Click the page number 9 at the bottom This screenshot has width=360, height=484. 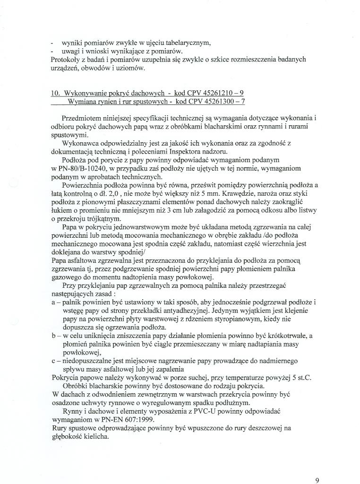click(x=317, y=480)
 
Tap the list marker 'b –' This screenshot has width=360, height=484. click(x=56, y=336)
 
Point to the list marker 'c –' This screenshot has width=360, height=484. click(x=56, y=361)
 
